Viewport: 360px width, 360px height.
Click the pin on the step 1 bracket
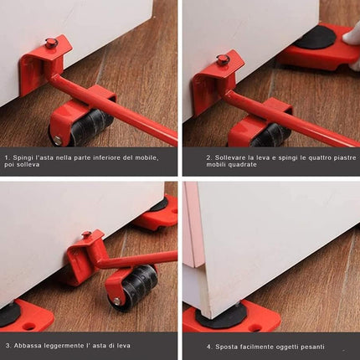(50, 43)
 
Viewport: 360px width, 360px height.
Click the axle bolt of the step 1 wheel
(58, 141)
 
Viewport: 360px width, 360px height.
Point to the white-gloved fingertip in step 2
(351, 39)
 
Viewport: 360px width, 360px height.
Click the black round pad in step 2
(315, 37)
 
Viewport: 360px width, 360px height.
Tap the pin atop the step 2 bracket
(222, 59)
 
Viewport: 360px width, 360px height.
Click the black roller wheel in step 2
(267, 136)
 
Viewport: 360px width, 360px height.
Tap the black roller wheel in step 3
(139, 285)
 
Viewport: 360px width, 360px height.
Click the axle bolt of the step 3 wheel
(117, 301)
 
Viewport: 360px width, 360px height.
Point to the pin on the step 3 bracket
(86, 234)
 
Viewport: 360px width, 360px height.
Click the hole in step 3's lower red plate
(30, 326)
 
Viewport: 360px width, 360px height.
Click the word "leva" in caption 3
(123, 346)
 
